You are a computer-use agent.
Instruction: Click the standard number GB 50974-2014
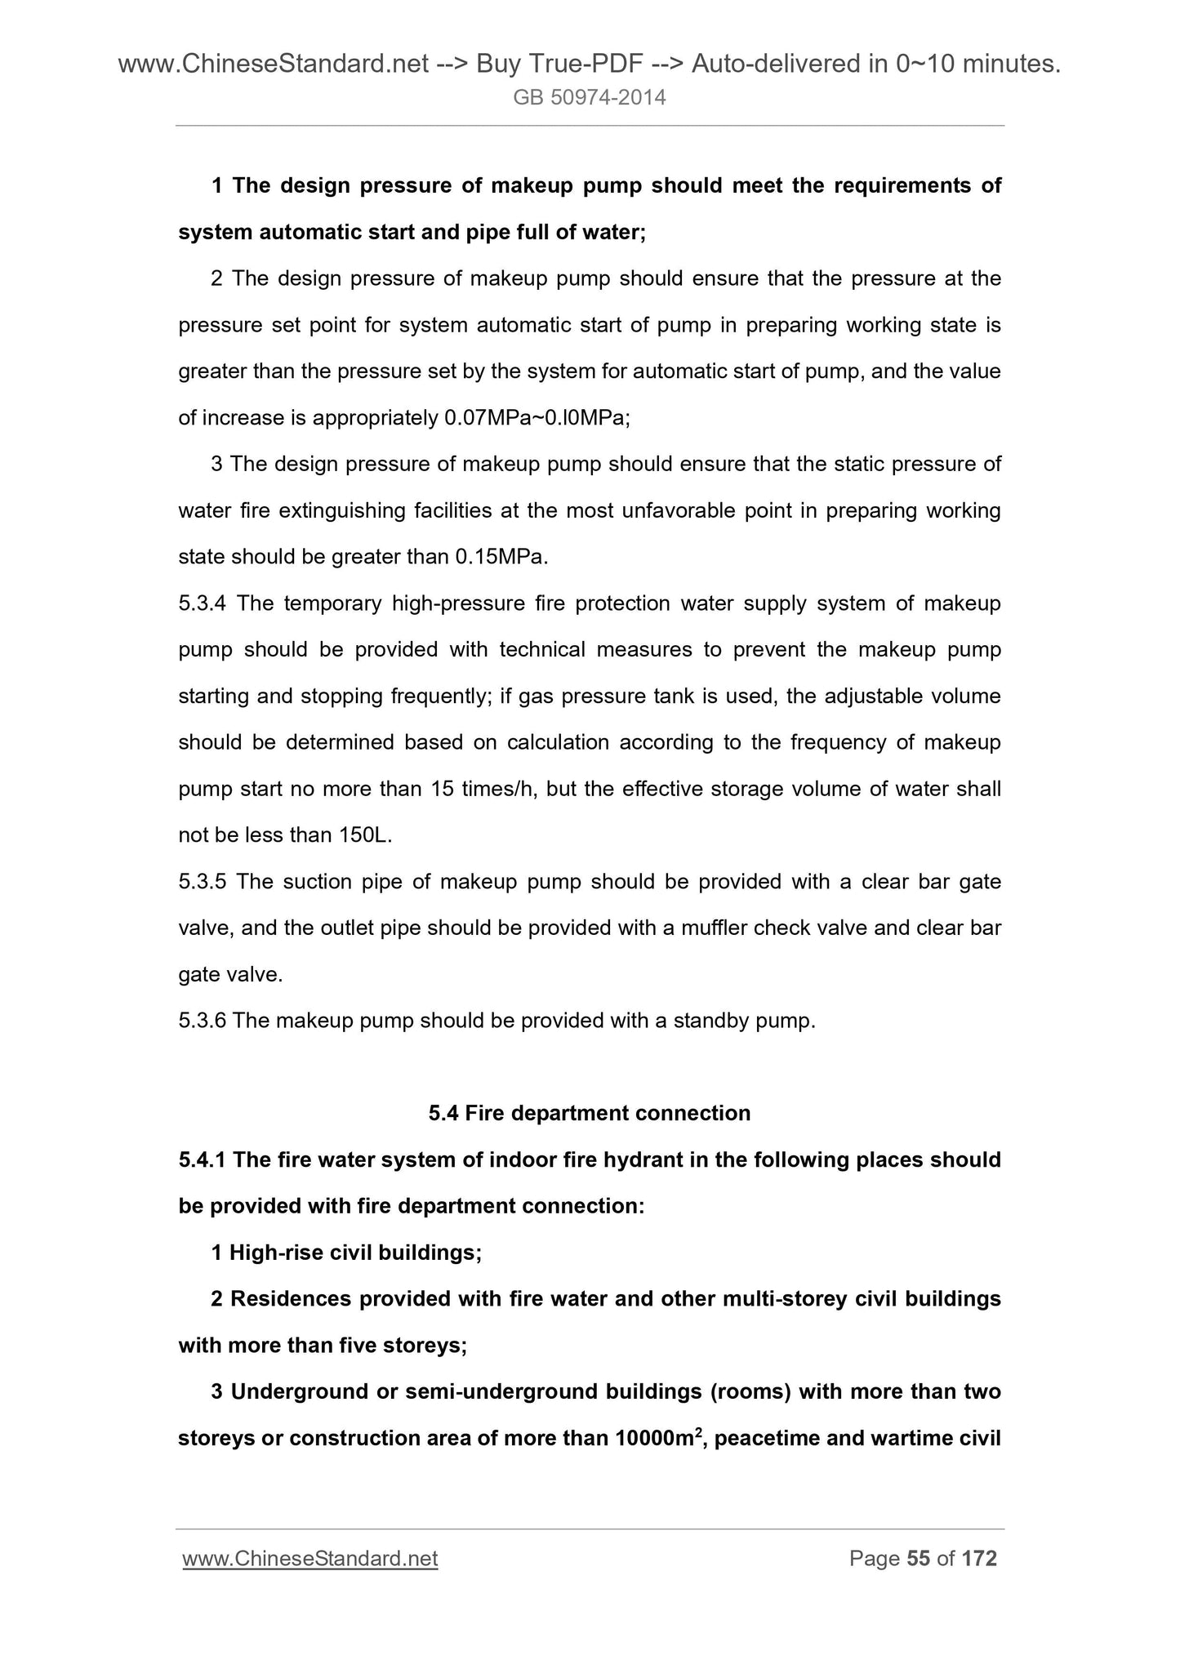590,98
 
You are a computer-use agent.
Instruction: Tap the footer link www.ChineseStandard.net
310,1559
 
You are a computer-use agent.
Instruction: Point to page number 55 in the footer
919,1559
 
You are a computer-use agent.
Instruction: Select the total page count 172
979,1559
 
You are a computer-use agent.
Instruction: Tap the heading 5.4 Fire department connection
590,1113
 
